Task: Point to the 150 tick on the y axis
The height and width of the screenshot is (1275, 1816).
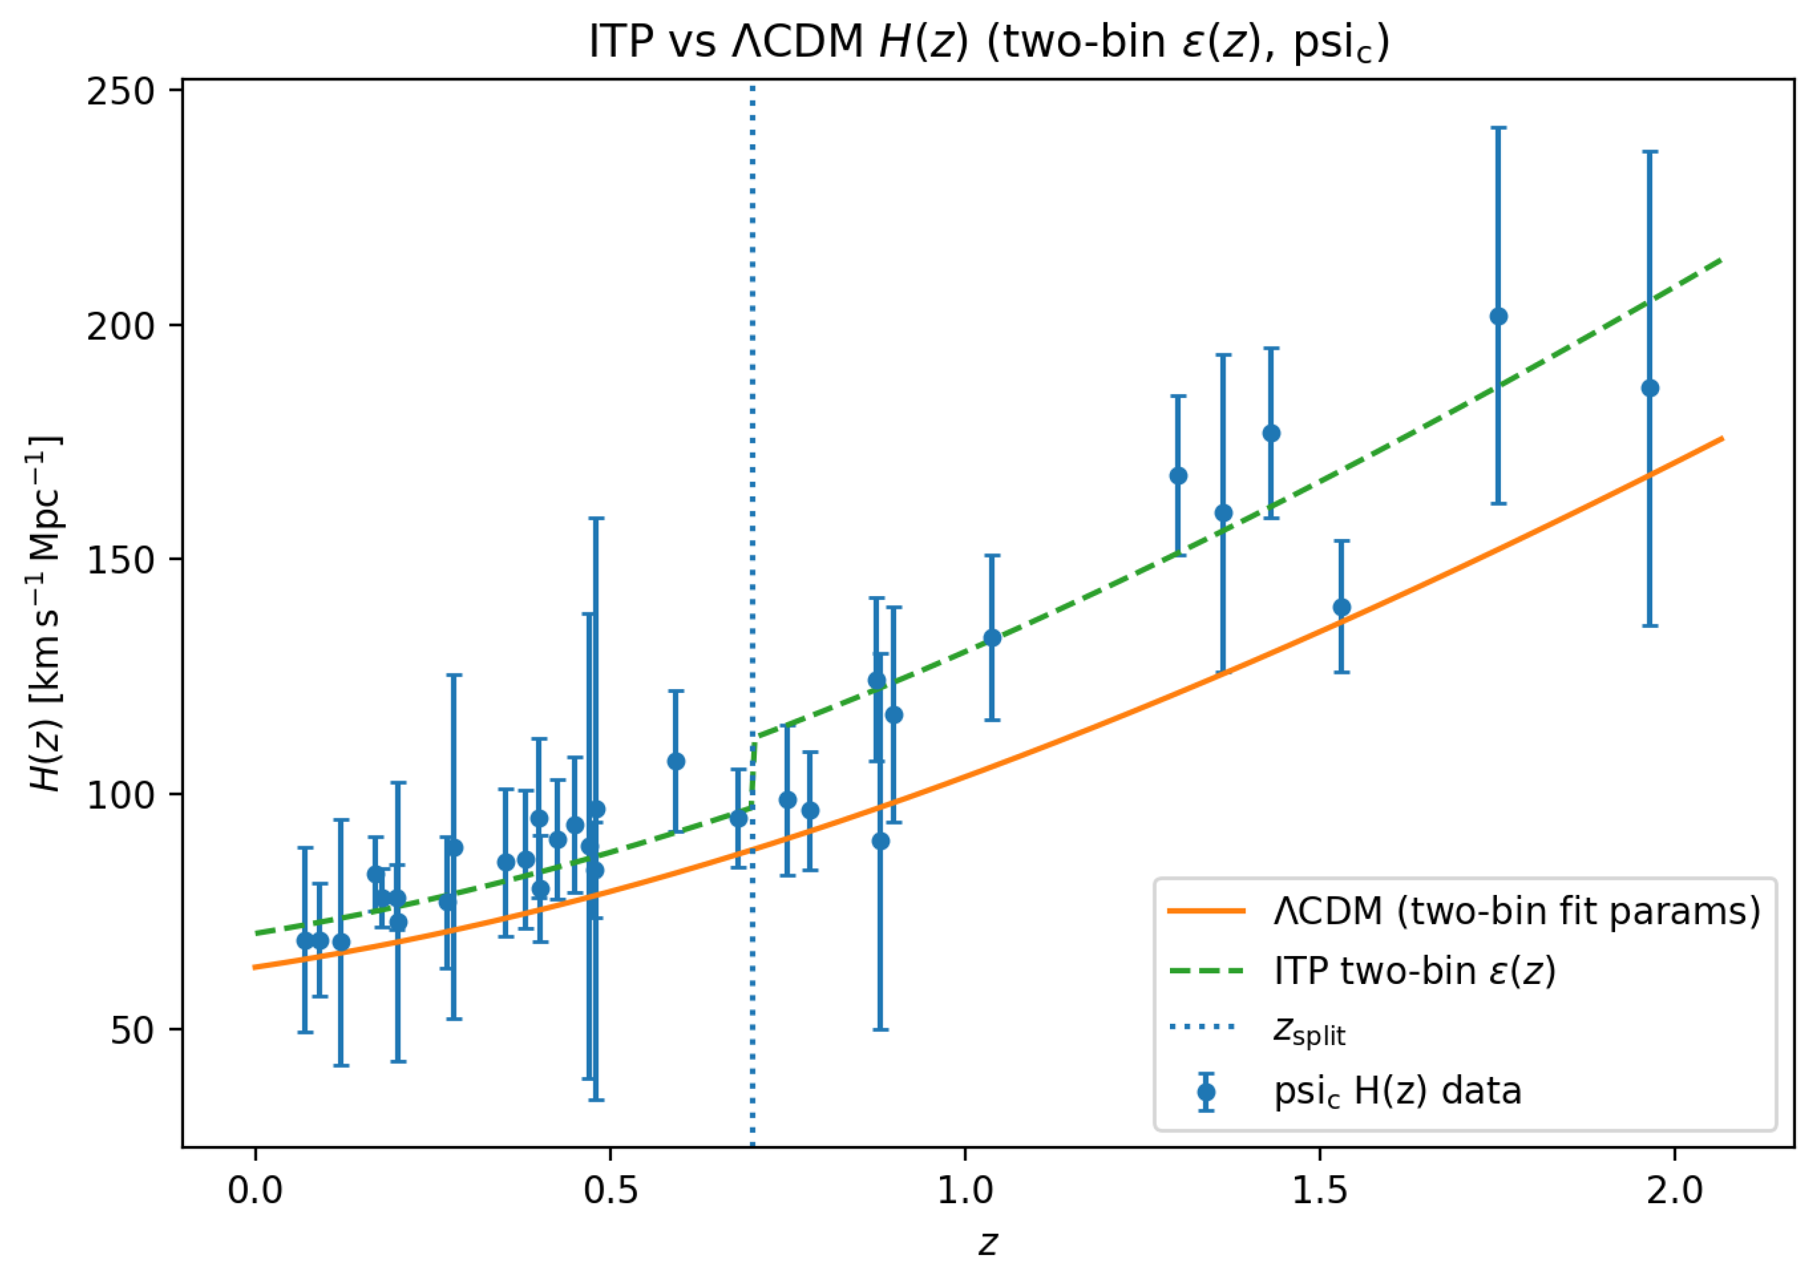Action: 120,559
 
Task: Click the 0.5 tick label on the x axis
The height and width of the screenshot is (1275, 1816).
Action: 610,1191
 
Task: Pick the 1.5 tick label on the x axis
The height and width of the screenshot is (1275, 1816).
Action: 1319,1191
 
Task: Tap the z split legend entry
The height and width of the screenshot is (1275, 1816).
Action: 1309,1031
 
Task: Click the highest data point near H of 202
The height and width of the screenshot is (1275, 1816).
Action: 1498,316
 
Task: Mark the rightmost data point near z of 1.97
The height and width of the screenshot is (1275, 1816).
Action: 1650,389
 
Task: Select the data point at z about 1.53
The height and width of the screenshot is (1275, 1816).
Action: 1342,607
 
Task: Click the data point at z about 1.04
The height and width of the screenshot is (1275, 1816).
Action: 992,637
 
